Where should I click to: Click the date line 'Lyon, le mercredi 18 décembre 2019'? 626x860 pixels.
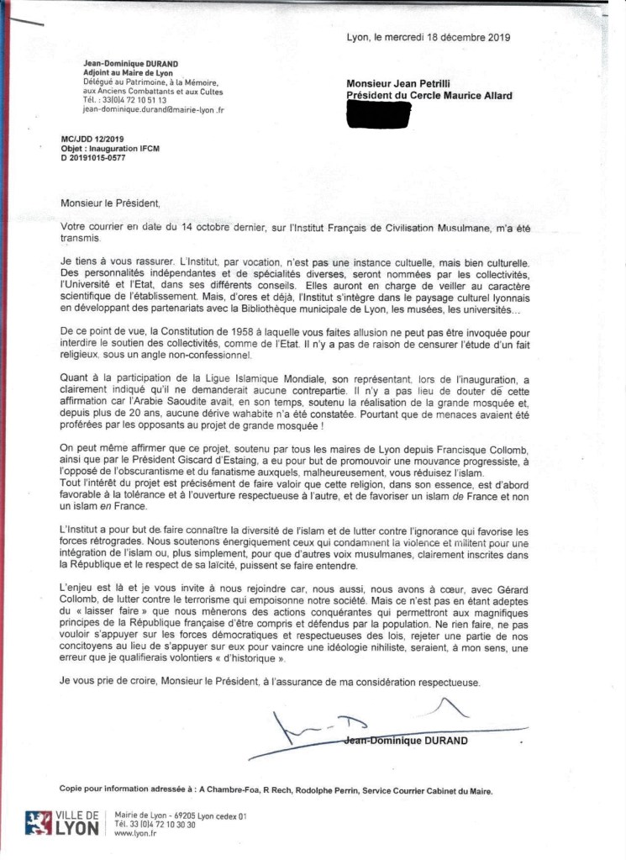point(428,37)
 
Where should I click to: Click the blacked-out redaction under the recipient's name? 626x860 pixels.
point(379,115)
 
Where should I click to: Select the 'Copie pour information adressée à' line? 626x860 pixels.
point(125,789)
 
